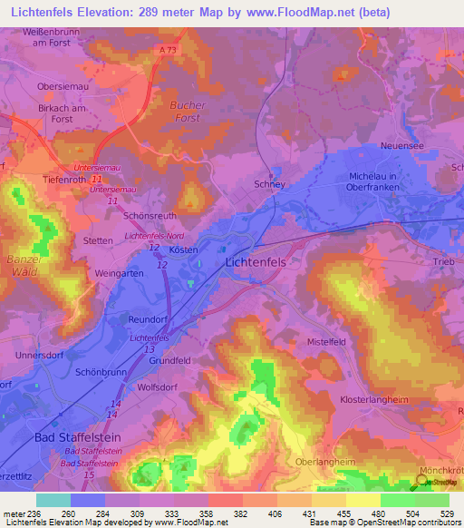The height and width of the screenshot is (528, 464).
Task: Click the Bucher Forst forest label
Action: click(188, 112)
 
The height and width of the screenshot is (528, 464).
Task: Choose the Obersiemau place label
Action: click(61, 87)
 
